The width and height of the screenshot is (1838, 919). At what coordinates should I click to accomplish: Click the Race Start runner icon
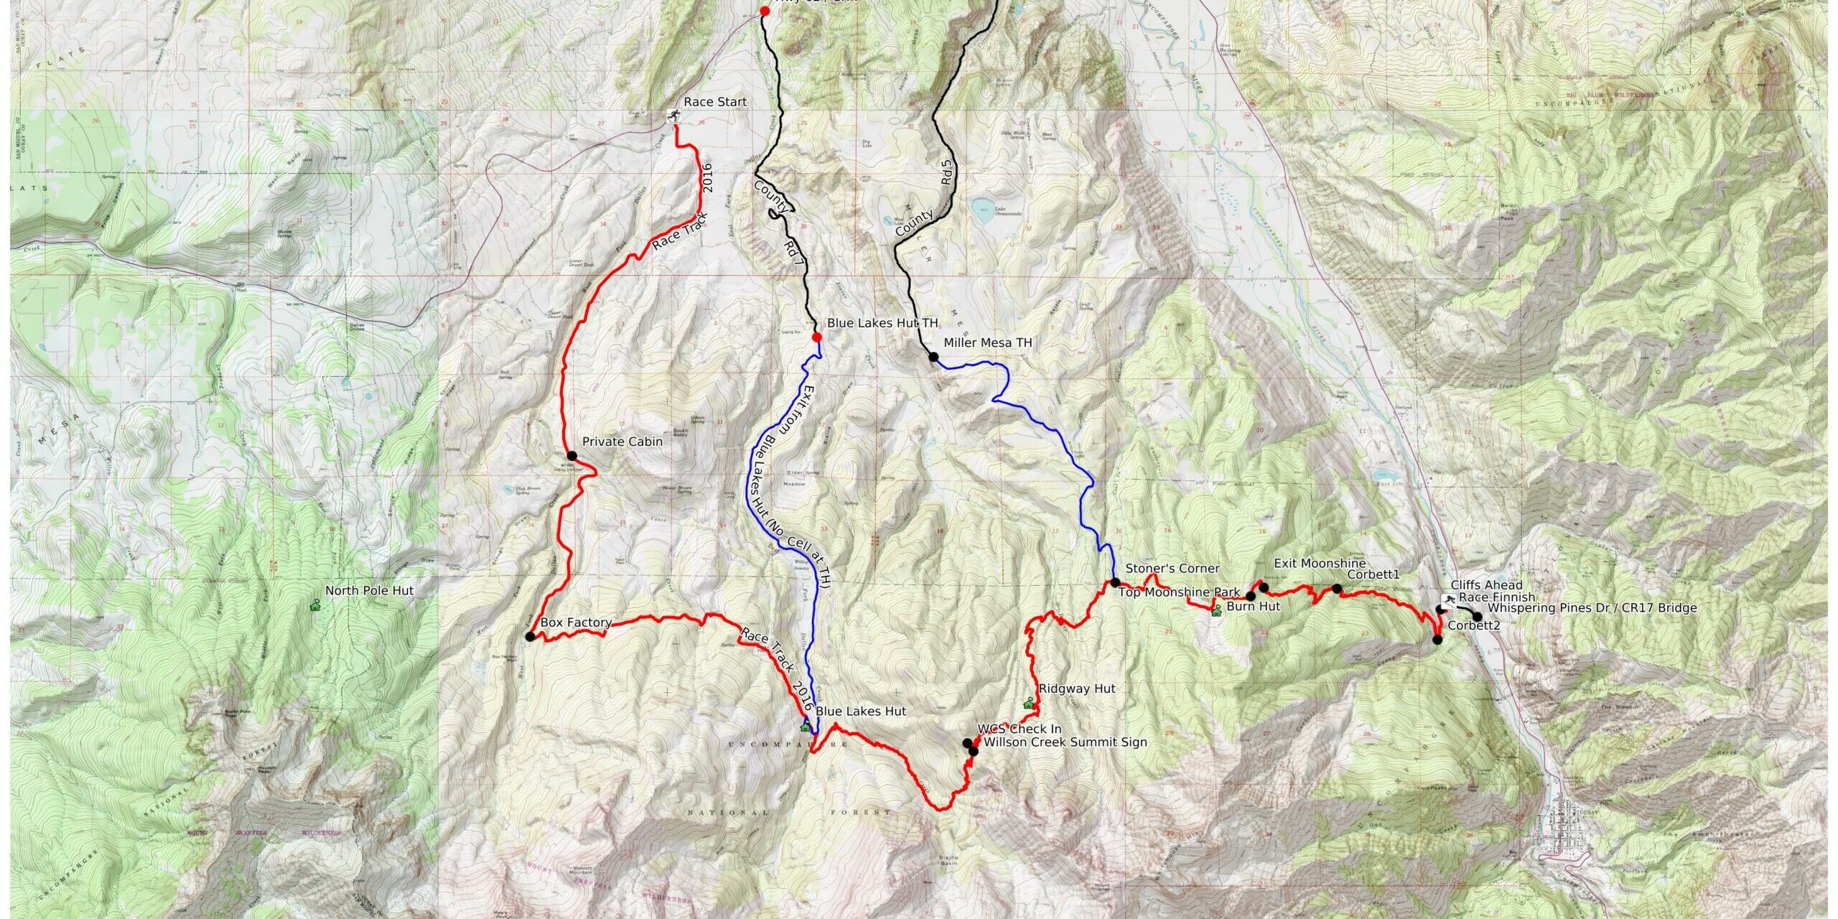[x=673, y=116]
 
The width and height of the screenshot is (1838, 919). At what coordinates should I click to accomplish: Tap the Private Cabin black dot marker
[x=572, y=455]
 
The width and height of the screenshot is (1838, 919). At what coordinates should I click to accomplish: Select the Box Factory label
[x=575, y=623]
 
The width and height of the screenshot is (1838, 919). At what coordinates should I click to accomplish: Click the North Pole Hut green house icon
[x=314, y=605]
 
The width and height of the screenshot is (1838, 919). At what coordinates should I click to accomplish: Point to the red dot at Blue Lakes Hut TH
[x=816, y=337]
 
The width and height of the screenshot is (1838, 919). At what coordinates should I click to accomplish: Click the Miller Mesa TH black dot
[x=933, y=357]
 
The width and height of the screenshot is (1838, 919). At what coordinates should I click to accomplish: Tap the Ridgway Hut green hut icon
[x=1028, y=703]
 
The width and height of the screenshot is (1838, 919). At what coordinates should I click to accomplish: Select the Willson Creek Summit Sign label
[x=1065, y=742]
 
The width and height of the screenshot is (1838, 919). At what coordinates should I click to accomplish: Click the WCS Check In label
[x=1019, y=729]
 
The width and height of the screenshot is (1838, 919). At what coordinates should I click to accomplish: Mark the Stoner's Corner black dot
[x=1115, y=582]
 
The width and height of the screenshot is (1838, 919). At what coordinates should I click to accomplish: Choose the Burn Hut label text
[x=1253, y=607]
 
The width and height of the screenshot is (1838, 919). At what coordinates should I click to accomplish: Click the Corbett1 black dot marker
[x=1337, y=589]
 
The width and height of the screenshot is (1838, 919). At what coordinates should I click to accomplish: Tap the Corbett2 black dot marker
[x=1437, y=640]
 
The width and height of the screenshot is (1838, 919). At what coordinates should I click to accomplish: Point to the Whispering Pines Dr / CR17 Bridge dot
[x=1477, y=616]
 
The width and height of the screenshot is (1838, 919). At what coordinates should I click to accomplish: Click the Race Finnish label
[x=1496, y=597]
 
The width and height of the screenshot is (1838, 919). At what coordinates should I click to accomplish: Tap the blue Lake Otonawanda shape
[x=981, y=211]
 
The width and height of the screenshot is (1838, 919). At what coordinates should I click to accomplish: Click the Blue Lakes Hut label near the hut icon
[x=860, y=712]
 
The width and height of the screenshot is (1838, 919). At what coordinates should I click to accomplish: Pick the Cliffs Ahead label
[x=1486, y=586]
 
